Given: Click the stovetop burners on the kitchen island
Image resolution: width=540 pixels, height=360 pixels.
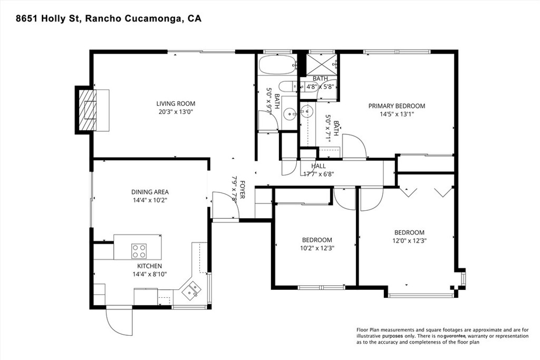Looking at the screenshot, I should pyautogui.click(x=139, y=249).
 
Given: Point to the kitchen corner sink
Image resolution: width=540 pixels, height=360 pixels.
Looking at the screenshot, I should pyautogui.click(x=191, y=289).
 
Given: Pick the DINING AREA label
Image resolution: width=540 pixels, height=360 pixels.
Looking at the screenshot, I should pyautogui.click(x=150, y=192).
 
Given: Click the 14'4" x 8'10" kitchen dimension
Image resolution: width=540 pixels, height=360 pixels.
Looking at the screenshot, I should pyautogui.click(x=150, y=274).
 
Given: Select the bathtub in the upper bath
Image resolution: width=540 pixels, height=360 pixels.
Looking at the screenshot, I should pyautogui.click(x=277, y=65).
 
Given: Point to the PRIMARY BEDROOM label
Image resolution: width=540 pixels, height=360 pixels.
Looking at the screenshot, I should pyautogui.click(x=396, y=106).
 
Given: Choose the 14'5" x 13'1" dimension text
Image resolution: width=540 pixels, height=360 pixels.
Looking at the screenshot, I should pyautogui.click(x=396, y=114).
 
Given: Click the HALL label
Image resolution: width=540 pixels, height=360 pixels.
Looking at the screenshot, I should pyautogui.click(x=319, y=166).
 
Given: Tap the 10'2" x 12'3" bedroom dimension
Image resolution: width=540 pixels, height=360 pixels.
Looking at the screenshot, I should pyautogui.click(x=316, y=248).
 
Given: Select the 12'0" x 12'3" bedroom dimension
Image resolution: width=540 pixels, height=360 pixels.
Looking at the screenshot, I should pyautogui.click(x=409, y=240).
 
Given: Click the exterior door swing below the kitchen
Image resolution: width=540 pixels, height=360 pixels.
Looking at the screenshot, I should pyautogui.click(x=118, y=319).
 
